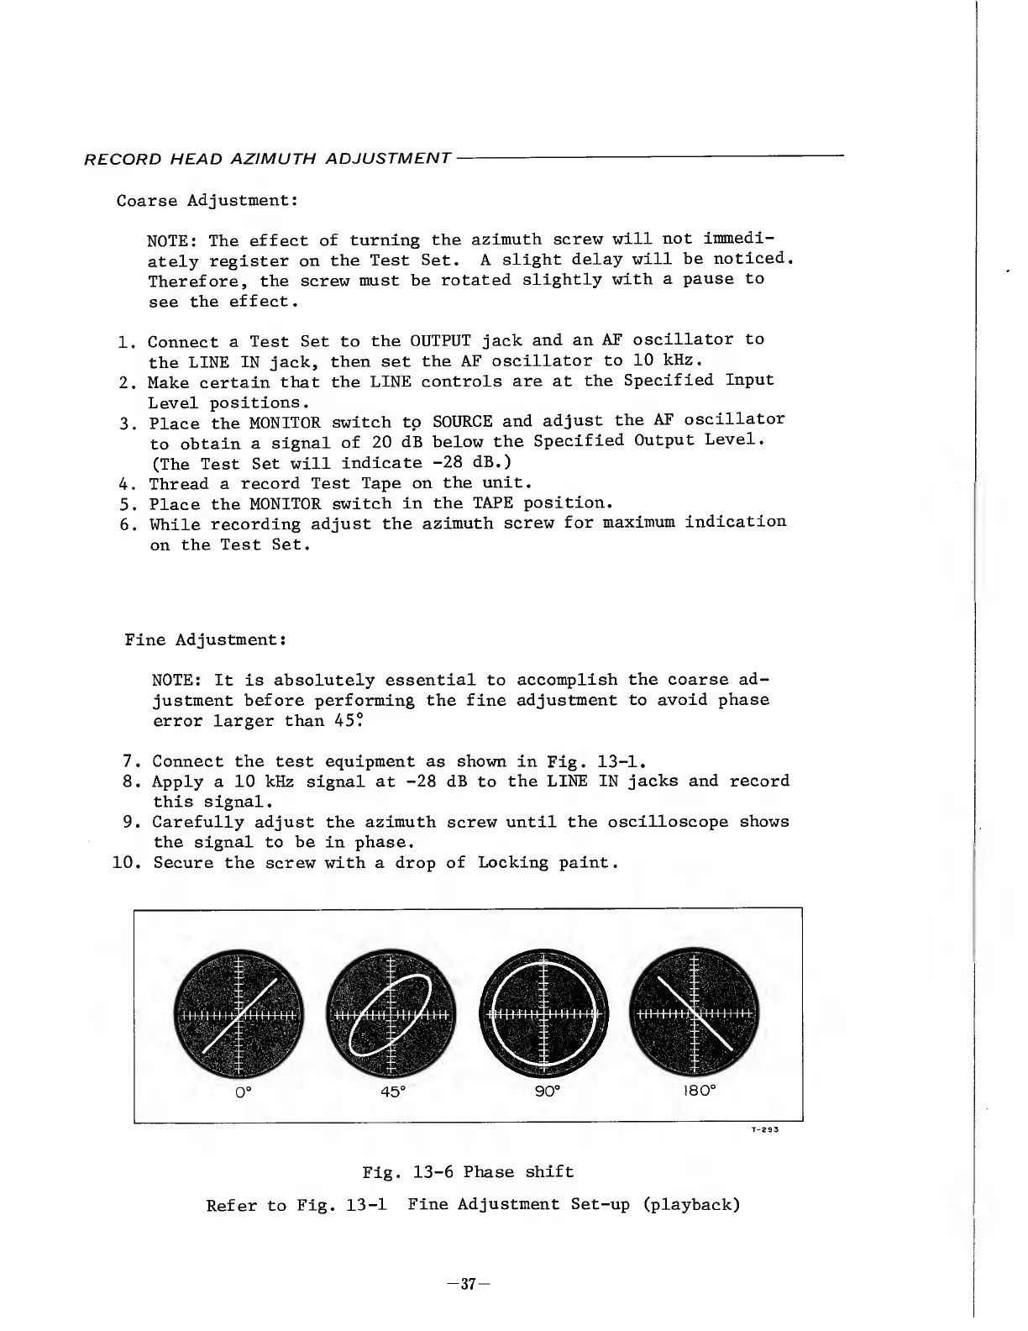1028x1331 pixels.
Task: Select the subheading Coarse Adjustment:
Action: point(206,201)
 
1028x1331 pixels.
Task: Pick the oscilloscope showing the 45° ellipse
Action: point(391,1014)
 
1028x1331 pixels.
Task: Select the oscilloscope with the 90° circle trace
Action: point(543,1014)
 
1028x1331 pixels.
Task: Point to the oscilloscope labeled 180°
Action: point(695,1014)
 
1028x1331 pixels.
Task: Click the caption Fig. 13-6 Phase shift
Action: point(468,1171)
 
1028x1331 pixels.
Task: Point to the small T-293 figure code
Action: point(765,1130)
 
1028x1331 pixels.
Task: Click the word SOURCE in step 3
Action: point(462,421)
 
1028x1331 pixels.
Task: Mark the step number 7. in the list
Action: point(131,762)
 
